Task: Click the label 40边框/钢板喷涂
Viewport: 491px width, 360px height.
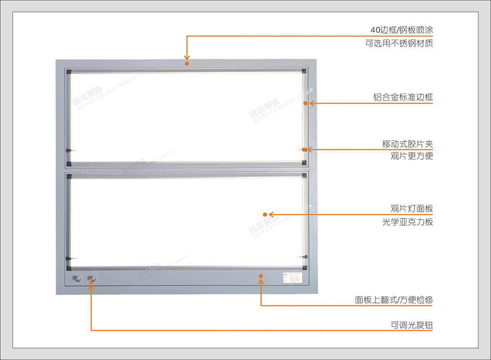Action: point(402,30)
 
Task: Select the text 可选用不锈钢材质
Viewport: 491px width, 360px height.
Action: point(399,43)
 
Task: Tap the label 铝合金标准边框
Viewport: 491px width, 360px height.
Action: point(403,97)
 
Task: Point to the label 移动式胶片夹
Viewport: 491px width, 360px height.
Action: point(407,144)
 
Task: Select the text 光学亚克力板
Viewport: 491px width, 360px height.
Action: point(407,222)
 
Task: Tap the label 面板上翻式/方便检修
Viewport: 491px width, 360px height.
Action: point(394,300)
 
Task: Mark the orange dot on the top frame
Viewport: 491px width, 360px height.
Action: point(187,64)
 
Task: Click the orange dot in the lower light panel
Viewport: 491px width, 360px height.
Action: point(264,215)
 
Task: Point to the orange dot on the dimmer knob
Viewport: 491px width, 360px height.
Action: point(91,282)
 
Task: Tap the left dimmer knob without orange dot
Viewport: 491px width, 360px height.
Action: point(76,279)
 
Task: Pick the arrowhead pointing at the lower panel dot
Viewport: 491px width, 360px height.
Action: point(271,215)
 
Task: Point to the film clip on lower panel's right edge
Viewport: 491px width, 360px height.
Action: point(304,257)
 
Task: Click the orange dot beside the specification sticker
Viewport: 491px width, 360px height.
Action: point(261,276)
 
